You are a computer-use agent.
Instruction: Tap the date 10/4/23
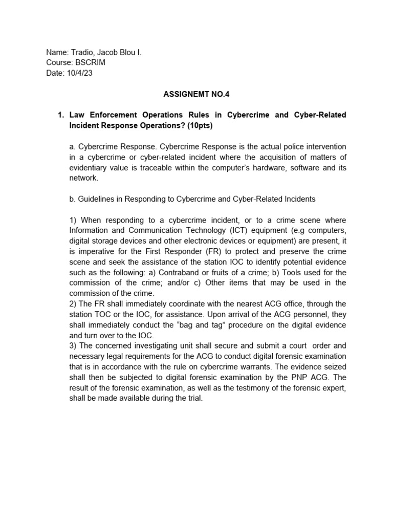[79, 73]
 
